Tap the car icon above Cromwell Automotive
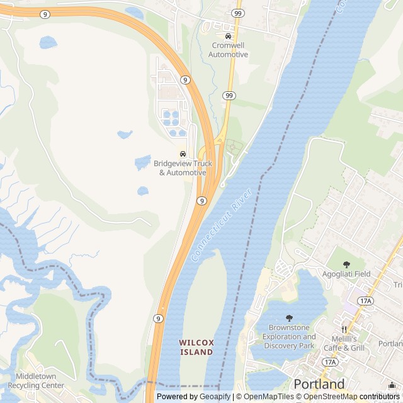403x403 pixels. (x=228, y=36)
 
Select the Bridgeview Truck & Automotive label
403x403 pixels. (x=183, y=168)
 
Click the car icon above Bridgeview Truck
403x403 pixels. (x=183, y=154)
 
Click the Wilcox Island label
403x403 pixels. (x=196, y=347)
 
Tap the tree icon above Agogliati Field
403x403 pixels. (x=346, y=264)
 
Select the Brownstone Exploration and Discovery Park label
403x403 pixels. (x=289, y=336)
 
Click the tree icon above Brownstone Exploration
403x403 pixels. (x=289, y=318)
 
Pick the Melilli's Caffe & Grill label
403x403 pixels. (x=344, y=343)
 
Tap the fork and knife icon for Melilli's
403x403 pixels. (x=344, y=329)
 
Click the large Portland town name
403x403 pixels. (x=319, y=383)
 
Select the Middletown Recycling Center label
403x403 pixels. (x=36, y=381)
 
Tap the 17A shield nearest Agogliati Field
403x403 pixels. (x=365, y=301)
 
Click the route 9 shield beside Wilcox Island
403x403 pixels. (x=158, y=319)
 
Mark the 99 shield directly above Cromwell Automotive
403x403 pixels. (x=237, y=13)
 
